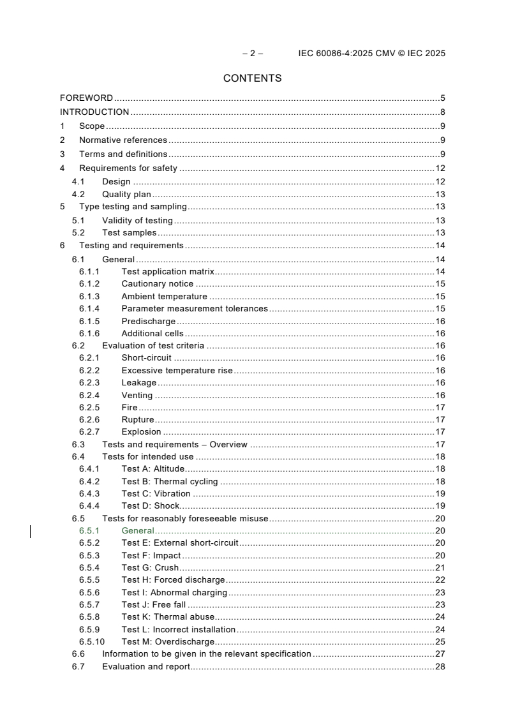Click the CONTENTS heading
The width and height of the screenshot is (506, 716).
[x=252, y=78]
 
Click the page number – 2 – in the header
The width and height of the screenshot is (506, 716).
[x=253, y=54]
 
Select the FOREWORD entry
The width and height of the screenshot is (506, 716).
[x=86, y=98]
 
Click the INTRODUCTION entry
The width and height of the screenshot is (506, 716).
[x=94, y=112]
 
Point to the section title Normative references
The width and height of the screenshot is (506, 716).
[x=123, y=140]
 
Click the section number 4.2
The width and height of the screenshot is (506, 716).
[x=78, y=195]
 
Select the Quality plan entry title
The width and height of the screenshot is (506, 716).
[x=126, y=195]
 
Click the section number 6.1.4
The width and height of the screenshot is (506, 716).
[x=89, y=309]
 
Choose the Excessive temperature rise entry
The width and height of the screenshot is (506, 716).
[x=177, y=371]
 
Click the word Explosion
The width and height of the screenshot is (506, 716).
[x=141, y=432]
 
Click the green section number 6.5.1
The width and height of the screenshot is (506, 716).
[x=89, y=531]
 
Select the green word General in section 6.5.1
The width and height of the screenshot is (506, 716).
[x=138, y=531]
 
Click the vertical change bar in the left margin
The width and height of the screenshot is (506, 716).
[x=31, y=531]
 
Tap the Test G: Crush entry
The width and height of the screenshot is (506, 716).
[x=150, y=568]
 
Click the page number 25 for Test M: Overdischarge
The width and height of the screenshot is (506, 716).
[x=440, y=642]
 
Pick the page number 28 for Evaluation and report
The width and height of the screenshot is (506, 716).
[x=440, y=667]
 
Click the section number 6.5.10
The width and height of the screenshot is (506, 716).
[x=92, y=642]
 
